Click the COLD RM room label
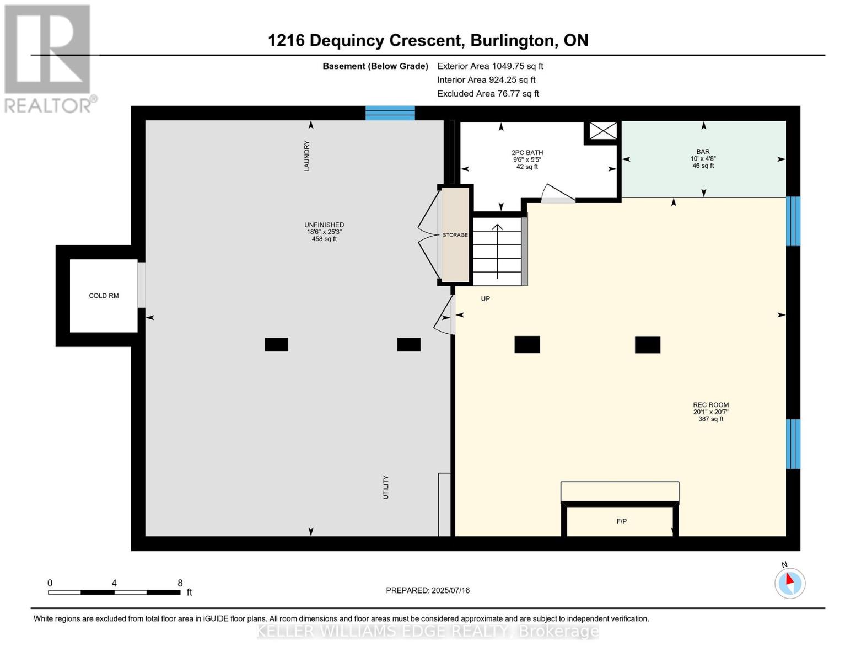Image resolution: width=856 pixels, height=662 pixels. click(x=104, y=296)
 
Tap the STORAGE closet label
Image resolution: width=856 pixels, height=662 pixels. click(x=455, y=235)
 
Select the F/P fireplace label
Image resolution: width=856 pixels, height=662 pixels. click(x=621, y=521)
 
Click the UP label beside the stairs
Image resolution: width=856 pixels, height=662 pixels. click(x=485, y=299)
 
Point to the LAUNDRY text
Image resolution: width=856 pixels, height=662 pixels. click(x=307, y=156)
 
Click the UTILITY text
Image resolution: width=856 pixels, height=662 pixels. click(x=386, y=487)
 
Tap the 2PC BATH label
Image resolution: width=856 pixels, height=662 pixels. click(x=527, y=153)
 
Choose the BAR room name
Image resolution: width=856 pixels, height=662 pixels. click(x=703, y=151)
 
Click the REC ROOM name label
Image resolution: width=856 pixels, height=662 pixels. click(x=710, y=405)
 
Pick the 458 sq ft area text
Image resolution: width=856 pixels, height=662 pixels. click(x=324, y=239)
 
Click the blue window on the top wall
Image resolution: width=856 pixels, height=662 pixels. click(x=390, y=113)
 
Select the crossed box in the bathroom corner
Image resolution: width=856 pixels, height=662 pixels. click(x=603, y=131)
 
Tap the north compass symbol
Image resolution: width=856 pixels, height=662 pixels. click(x=789, y=583)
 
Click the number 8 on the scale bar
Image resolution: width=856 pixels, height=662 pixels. click(x=180, y=583)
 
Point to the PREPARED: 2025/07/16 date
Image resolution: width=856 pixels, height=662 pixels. click(x=428, y=590)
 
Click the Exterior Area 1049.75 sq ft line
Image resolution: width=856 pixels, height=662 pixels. click(x=490, y=66)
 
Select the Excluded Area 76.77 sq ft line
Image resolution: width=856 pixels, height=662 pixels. click(x=488, y=94)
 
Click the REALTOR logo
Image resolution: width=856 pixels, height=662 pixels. click(x=49, y=59)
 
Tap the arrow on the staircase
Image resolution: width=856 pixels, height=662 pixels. click(x=498, y=252)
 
